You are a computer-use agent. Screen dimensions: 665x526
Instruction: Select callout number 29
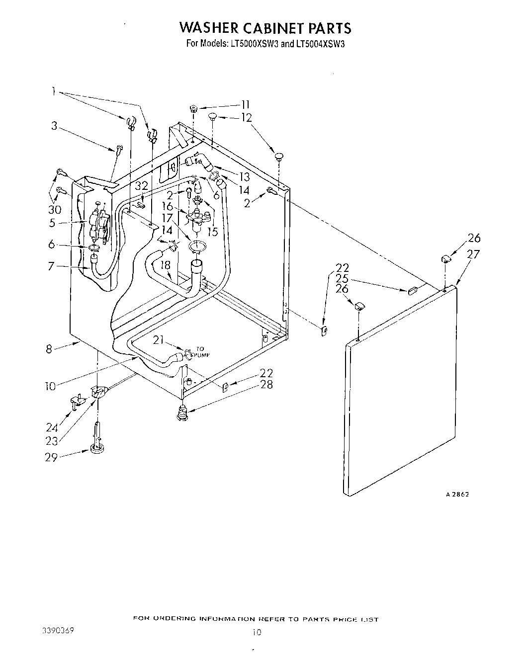coord(51,457)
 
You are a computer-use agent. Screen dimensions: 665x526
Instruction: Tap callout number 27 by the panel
coord(473,254)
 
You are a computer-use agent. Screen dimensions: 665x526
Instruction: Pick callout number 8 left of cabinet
coord(49,349)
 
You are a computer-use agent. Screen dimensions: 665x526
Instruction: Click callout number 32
coord(142,186)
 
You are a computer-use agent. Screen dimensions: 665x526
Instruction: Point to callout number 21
coord(159,340)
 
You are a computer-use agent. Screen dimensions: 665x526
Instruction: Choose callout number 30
coord(55,209)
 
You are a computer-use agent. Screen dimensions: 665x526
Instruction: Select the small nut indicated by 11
coord(193,108)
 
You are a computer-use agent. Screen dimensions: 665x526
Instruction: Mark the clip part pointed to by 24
coord(76,400)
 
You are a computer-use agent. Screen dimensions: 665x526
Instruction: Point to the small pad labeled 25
coord(412,291)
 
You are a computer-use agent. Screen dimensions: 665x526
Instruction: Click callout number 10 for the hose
coord(51,386)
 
